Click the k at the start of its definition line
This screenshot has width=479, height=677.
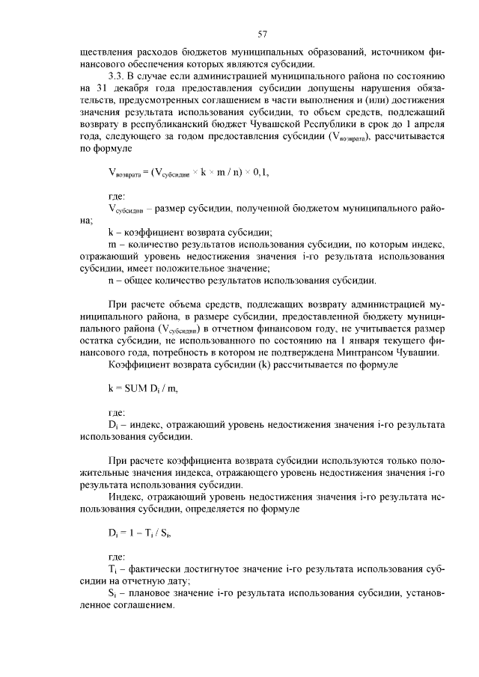[111, 233]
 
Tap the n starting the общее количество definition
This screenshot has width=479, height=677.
[111, 281]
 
